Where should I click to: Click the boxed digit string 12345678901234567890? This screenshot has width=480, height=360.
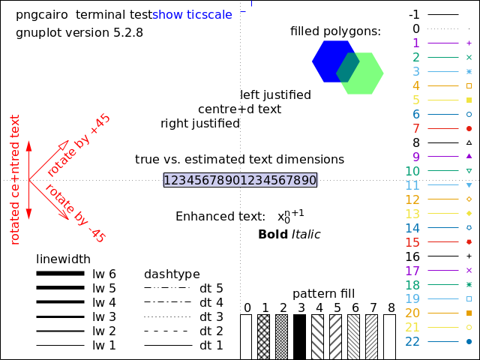point(240,180)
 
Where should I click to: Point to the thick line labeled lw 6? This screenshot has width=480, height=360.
point(60,274)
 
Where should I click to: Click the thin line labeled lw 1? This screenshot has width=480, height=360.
point(60,345)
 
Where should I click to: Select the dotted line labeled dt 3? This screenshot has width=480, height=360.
point(166,316)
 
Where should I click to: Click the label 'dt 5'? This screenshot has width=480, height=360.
point(211,288)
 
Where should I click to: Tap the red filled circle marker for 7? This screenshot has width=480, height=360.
point(469,129)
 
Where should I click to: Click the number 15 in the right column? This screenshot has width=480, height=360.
point(412,242)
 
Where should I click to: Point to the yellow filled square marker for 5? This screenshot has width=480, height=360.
point(469,100)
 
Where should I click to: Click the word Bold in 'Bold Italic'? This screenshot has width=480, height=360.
point(273,235)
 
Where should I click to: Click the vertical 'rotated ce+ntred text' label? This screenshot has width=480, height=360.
point(15,179)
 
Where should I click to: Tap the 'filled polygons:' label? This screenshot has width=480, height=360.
point(335,31)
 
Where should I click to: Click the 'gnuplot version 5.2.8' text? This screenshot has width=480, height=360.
point(79,33)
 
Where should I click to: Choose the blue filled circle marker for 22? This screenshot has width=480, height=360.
point(469,342)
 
